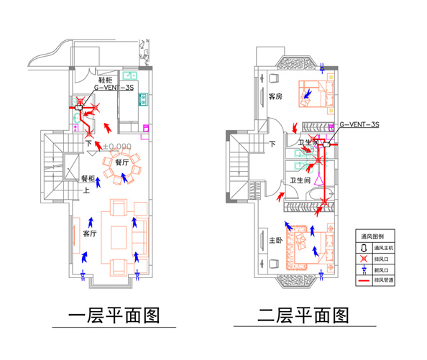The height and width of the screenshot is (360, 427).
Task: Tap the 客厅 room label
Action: (x=90, y=234)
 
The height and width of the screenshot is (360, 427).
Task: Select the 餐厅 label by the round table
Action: (x=121, y=162)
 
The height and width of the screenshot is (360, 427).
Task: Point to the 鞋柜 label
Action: (x=106, y=79)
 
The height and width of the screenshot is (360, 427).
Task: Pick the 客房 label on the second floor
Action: (x=277, y=96)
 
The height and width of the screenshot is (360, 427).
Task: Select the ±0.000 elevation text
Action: (x=116, y=146)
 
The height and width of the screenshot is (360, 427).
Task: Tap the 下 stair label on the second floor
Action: (x=272, y=144)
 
